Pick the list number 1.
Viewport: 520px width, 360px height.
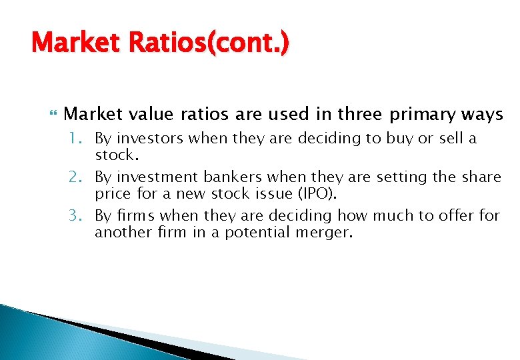(77, 139)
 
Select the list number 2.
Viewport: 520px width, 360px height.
(77, 177)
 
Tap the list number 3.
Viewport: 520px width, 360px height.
(77, 215)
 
